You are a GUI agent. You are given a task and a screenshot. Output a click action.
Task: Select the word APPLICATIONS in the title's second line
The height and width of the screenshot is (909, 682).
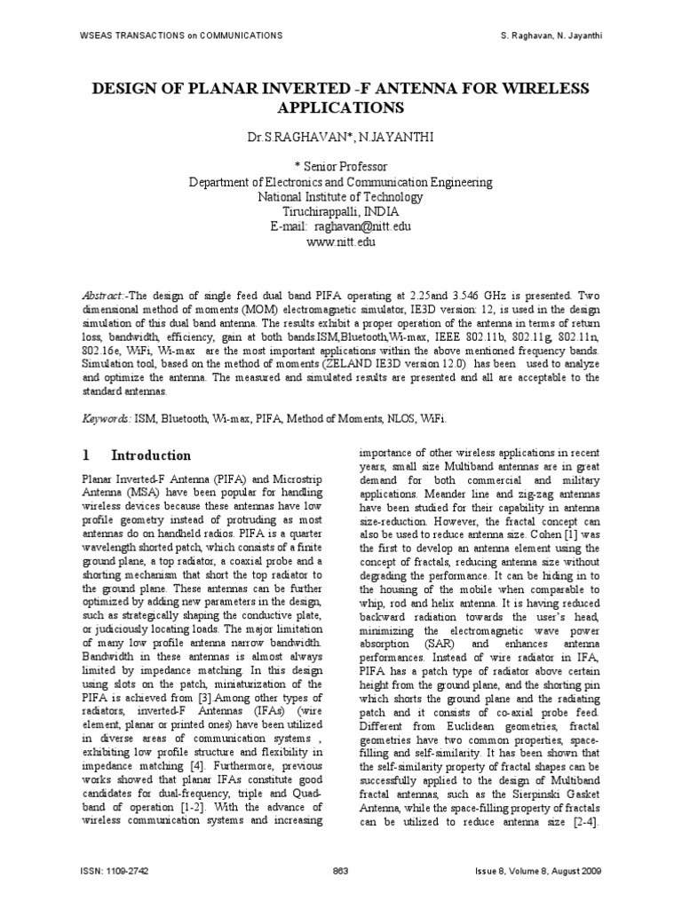tap(341, 108)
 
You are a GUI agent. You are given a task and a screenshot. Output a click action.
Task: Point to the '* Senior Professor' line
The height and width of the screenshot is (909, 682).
tap(341, 167)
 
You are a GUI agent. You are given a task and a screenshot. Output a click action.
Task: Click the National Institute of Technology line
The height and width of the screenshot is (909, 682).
tap(341, 197)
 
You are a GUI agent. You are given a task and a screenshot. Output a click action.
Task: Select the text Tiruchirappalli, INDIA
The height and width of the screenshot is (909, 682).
tap(341, 212)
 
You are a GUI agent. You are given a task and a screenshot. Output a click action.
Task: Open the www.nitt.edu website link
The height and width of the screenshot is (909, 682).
tap(341, 242)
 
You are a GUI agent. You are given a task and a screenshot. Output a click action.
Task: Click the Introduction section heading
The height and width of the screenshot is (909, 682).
tap(150, 455)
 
